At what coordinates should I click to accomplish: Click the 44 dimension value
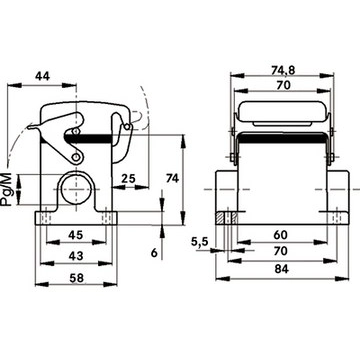42,76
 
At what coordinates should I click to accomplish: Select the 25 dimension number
128,179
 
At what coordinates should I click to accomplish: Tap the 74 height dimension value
172,178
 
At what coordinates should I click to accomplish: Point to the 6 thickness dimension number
154,253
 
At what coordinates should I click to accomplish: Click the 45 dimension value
76,235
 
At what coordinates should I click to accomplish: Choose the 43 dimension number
76,256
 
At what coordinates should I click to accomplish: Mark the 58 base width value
76,278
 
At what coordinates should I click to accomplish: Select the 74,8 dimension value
283,70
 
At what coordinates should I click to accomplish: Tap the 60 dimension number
280,235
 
